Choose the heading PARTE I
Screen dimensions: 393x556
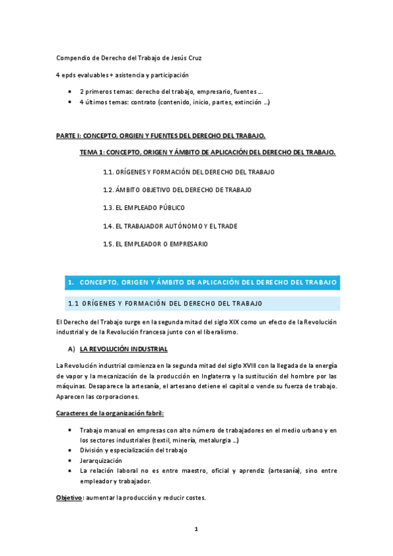(x=161, y=136)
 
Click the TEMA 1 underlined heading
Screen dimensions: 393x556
(x=207, y=153)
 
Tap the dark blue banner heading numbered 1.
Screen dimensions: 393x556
(x=203, y=283)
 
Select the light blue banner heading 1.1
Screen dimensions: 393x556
(x=165, y=304)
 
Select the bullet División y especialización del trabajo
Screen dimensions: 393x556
(x=133, y=450)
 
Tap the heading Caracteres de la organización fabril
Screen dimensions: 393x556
(x=110, y=413)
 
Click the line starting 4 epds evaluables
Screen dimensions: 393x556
(x=127, y=75)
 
